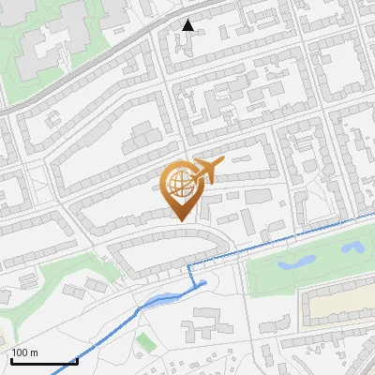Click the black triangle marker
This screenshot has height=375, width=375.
188,25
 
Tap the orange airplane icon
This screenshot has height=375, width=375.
205,172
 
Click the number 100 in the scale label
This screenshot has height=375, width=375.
20,352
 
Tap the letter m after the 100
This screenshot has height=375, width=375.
34,352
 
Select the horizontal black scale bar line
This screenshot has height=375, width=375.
42,361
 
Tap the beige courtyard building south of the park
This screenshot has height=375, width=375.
337,305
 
